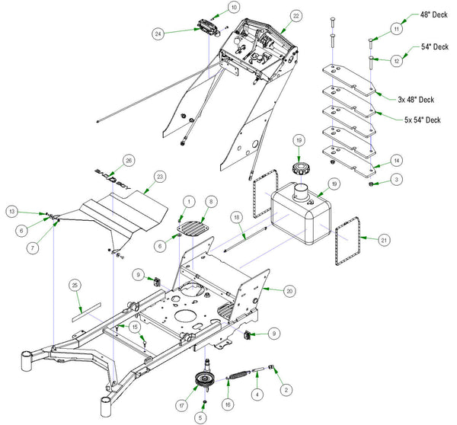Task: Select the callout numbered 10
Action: point(213,7)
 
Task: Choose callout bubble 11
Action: point(395,28)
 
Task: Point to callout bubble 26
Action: point(128,160)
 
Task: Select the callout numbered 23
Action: point(159,176)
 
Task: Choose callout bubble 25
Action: point(73,285)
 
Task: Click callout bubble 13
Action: point(12,211)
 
